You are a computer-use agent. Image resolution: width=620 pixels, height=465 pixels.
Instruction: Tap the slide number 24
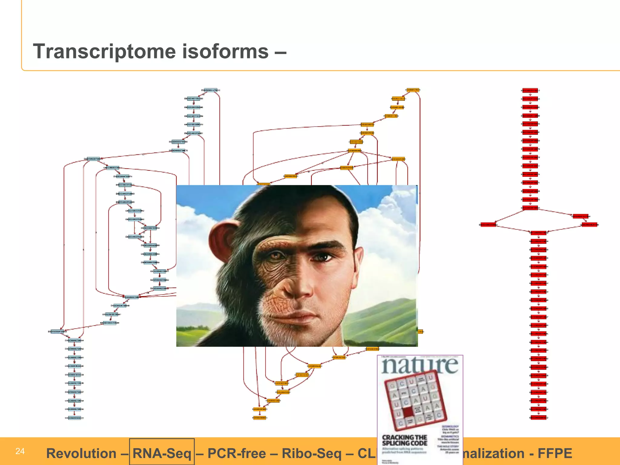tap(20, 451)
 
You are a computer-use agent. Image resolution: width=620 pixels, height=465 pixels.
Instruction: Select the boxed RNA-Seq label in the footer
tap(162, 453)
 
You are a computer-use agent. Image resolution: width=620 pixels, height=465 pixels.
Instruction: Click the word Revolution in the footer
tap(81, 453)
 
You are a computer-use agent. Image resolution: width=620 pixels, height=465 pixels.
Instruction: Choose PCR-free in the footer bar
tap(237, 453)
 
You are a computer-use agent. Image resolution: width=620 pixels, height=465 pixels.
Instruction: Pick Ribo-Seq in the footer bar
tap(312, 453)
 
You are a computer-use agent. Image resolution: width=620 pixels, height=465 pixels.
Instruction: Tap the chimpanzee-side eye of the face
tap(276, 256)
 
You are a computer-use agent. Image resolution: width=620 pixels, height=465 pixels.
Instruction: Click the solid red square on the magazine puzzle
tap(408, 411)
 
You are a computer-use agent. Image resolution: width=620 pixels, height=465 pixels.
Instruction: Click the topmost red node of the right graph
tap(530, 90)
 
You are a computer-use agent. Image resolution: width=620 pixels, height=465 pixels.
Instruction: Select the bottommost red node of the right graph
tap(539, 418)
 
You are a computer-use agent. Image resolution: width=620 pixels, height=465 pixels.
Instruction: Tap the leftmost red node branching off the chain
tap(488, 225)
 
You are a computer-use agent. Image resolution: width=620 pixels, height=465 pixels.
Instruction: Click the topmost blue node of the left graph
tap(210, 90)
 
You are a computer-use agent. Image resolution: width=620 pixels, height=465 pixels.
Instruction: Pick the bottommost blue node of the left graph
tap(74, 418)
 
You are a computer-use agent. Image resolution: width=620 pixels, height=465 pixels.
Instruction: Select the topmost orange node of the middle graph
tap(413, 90)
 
